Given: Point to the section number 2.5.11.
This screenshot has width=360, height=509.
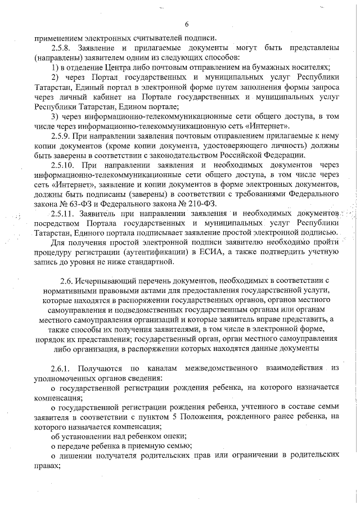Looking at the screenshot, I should pos(63,214).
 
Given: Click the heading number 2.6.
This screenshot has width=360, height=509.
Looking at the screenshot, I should pos(66,280).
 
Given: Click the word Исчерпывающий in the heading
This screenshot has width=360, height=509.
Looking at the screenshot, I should pos(105,280).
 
